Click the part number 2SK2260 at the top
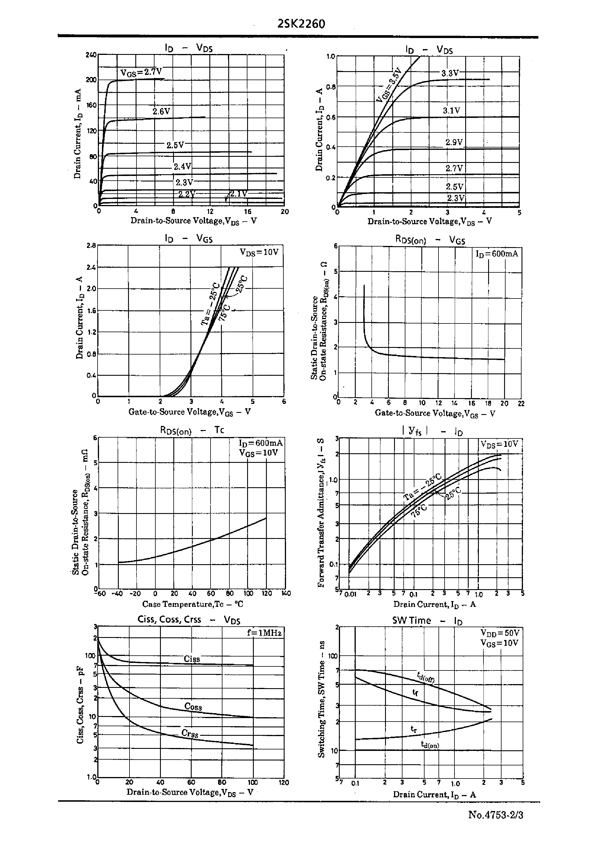[x=301, y=24]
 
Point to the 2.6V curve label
[x=161, y=111]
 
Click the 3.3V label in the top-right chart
[x=450, y=73]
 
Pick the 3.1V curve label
[x=451, y=110]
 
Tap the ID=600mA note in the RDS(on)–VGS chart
[x=497, y=254]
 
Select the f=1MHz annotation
[x=264, y=632]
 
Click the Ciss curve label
[x=192, y=659]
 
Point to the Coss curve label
[x=193, y=706]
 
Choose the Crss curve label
[x=190, y=733]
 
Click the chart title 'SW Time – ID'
[x=427, y=621]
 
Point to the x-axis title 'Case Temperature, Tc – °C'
[x=193, y=604]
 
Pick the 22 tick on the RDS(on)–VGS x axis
[x=521, y=403]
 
